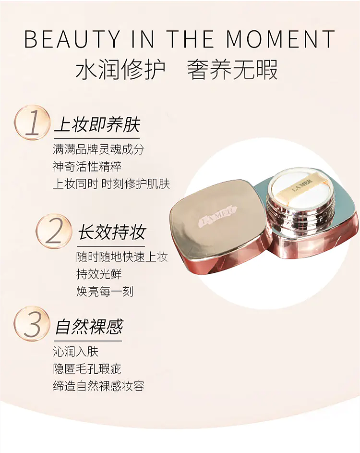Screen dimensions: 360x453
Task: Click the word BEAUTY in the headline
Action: (x=72, y=38)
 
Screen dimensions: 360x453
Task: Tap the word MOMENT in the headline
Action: (x=280, y=38)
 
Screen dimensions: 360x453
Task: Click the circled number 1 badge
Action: (x=32, y=122)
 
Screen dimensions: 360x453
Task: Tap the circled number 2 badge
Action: (x=54, y=231)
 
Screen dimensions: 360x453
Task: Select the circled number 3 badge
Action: (x=32, y=324)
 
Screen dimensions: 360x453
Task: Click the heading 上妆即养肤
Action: (x=97, y=125)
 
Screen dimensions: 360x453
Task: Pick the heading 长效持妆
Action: (x=112, y=232)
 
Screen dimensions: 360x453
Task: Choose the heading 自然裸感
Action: (x=89, y=327)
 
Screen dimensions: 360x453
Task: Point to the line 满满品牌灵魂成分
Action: (x=98, y=149)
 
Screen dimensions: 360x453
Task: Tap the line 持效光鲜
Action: (x=99, y=274)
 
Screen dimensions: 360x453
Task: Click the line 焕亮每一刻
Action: (x=105, y=291)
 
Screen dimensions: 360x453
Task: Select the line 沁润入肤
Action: (x=76, y=352)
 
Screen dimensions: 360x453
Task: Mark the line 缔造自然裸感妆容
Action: (x=98, y=386)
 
